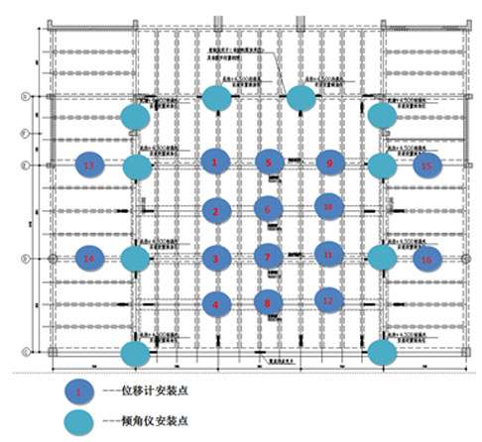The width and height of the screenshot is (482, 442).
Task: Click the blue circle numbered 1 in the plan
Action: tap(214, 161)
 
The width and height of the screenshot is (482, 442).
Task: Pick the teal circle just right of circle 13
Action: tap(137, 166)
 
